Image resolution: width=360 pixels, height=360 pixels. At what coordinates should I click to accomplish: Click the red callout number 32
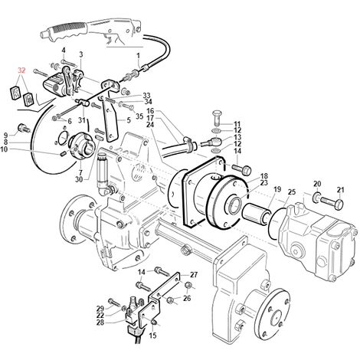pos(21,70)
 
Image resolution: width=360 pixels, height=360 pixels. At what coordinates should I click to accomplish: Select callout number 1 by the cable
pos(139,55)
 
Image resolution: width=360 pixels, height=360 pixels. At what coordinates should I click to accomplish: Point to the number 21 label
pos(340,190)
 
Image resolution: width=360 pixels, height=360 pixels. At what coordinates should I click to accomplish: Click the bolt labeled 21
pos(332,202)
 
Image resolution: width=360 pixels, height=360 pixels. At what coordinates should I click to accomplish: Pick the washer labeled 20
pos(317,198)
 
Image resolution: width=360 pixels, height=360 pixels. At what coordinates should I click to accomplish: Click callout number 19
pos(277,189)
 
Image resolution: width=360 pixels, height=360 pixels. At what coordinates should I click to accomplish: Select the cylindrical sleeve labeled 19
pos(257,213)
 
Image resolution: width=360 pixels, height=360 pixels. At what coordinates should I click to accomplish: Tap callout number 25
pos(292,191)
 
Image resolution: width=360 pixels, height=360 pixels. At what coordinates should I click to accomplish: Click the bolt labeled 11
pos(218,118)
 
